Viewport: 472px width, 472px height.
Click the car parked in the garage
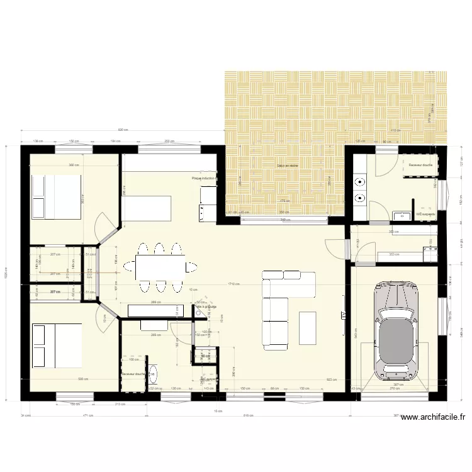click(x=396, y=330)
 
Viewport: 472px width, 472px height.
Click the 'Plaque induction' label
click(x=203, y=178)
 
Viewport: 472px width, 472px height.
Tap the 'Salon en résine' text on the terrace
click(x=287, y=166)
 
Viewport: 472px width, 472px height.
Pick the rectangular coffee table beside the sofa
click(x=308, y=327)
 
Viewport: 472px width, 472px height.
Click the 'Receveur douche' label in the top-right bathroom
click(x=420, y=165)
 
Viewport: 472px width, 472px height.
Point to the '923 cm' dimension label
click(x=331, y=379)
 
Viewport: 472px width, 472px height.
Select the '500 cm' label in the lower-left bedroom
click(x=81, y=379)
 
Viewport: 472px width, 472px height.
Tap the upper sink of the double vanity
click(x=360, y=183)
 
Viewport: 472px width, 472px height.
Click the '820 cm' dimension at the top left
click(x=123, y=130)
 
